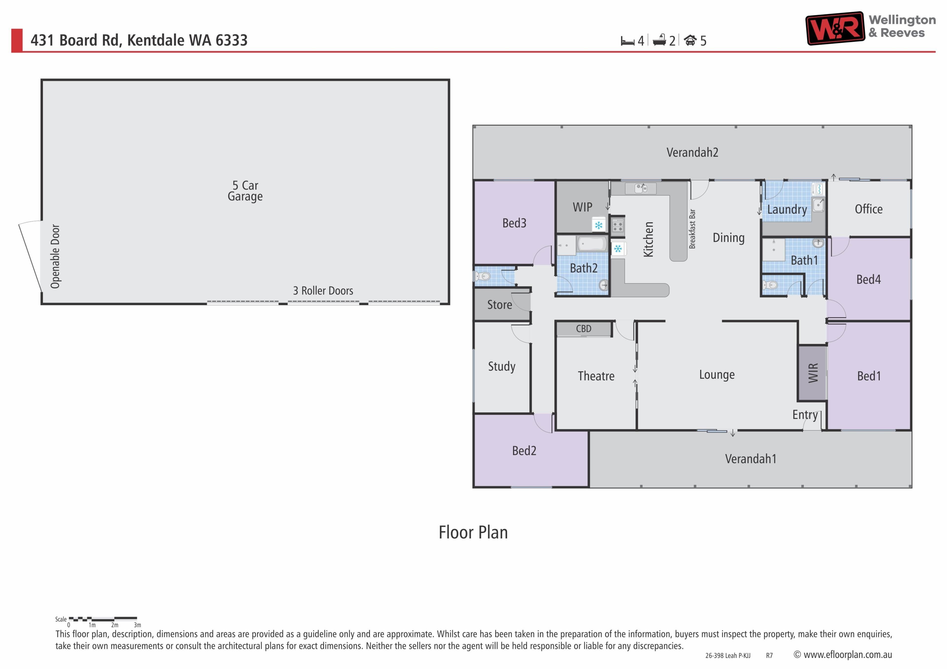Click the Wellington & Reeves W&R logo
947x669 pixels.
tap(835, 28)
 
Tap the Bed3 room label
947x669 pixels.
tap(514, 223)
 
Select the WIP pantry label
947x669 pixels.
tap(583, 207)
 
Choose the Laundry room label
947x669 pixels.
tap(787, 210)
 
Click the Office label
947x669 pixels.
tap(869, 209)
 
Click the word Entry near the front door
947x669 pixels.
tap(805, 415)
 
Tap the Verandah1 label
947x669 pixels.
tap(751, 459)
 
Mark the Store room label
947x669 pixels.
tap(499, 305)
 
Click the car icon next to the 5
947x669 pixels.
tap(690, 40)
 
